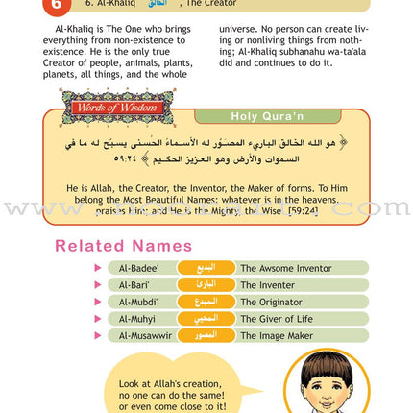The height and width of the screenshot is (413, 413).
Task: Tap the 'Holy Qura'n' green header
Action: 266,116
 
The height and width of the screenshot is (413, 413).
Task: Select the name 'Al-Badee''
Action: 138,268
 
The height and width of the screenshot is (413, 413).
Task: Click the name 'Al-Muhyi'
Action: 137,319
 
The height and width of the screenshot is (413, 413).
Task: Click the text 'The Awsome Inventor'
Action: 285,268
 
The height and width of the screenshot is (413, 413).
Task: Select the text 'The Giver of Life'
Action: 276,319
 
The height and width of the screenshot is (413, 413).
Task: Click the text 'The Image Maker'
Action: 276,335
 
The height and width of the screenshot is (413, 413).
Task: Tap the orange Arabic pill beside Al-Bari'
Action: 206,285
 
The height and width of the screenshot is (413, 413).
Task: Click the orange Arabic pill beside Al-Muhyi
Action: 206,319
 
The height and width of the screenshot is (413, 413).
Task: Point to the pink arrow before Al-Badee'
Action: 98,268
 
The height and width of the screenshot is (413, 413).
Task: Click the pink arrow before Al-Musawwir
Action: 98,335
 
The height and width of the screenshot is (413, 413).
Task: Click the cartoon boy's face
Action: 326,384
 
